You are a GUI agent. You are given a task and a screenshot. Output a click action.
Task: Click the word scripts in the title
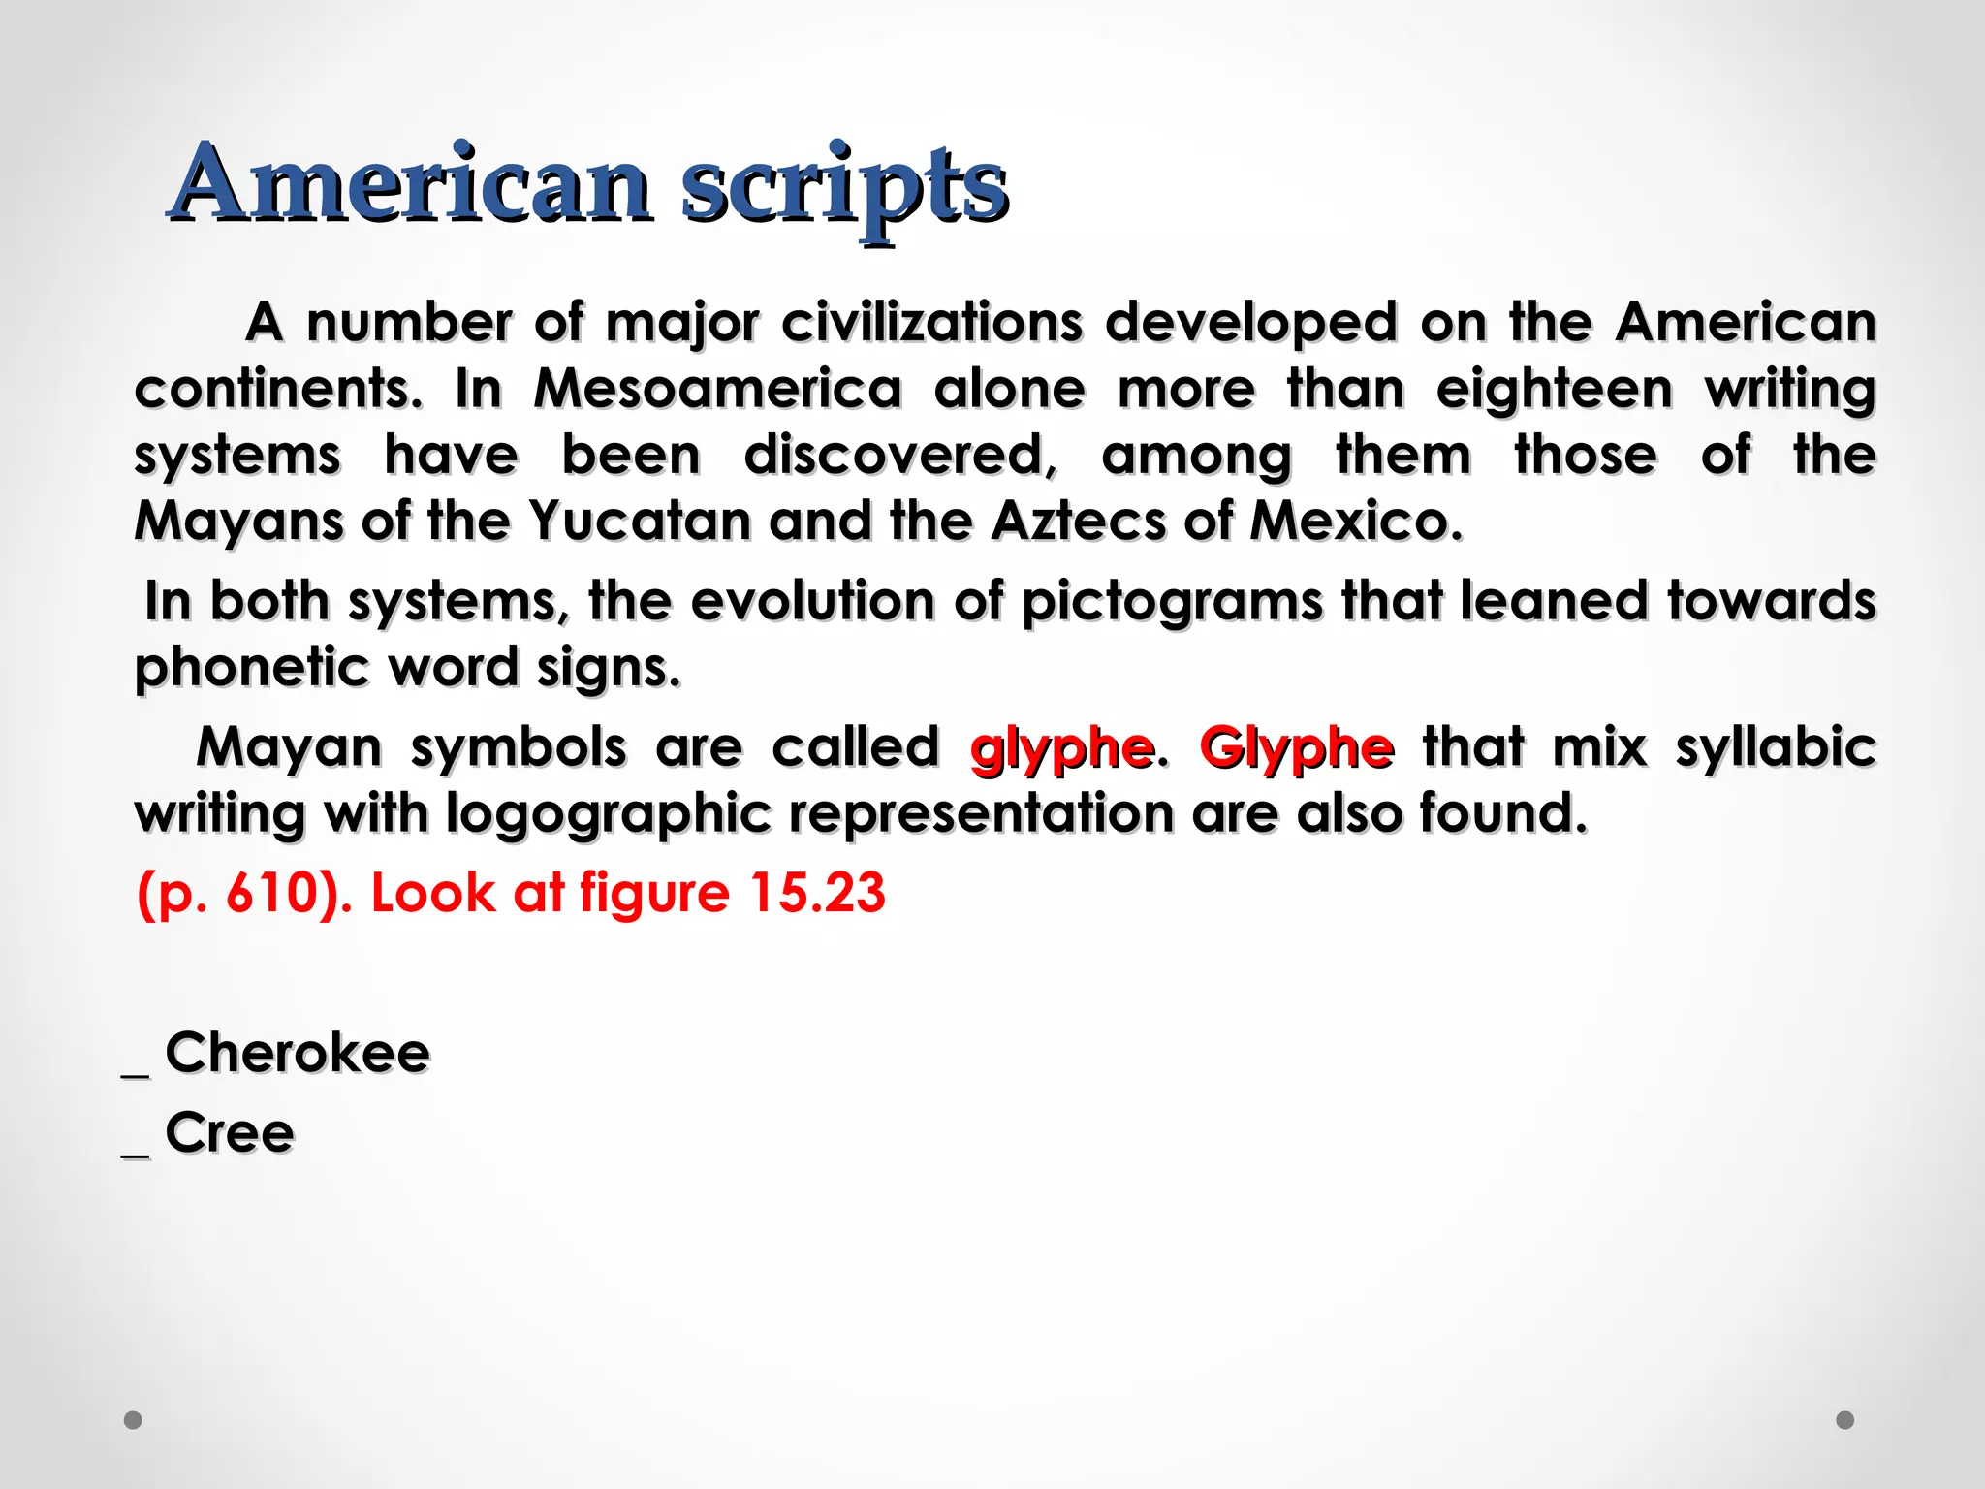point(844,184)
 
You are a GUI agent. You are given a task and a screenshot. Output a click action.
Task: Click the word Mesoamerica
point(717,389)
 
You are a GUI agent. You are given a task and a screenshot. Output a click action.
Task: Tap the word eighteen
point(1554,389)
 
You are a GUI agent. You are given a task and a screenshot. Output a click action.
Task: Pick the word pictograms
point(1172,601)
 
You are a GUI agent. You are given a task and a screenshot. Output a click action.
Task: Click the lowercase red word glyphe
point(1061,748)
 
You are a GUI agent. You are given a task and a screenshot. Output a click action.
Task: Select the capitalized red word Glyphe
point(1297,748)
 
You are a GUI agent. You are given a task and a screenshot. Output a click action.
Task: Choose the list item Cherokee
point(297,1053)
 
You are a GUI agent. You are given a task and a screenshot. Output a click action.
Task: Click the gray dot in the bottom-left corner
point(133,1420)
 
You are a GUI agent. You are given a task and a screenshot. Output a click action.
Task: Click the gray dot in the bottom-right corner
point(1845,1420)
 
